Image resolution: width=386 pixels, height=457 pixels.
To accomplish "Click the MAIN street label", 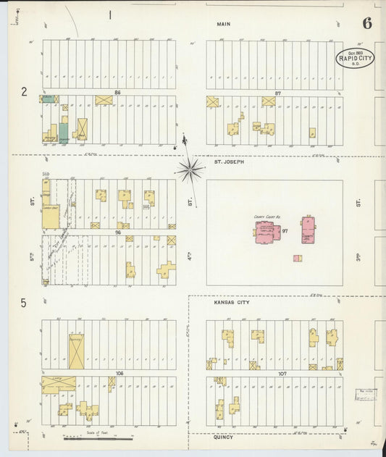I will pos(223,24).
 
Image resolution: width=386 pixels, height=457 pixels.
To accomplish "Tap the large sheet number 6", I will pos(367,22).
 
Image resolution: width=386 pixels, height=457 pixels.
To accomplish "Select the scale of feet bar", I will pos(98,438).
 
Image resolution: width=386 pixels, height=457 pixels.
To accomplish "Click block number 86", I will pos(117,93).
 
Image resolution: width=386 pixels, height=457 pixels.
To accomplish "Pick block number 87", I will pos(277,93).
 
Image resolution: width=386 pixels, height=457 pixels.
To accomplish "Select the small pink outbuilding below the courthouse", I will pos(297,258).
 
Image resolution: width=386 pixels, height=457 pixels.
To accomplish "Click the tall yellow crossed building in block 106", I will pos(76,351).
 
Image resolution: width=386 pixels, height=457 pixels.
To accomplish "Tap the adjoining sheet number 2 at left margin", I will pos(24,92).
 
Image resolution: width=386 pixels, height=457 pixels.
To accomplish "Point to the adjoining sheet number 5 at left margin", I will pos(24,303).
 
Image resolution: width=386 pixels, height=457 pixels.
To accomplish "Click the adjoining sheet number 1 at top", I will pos(110,14).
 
